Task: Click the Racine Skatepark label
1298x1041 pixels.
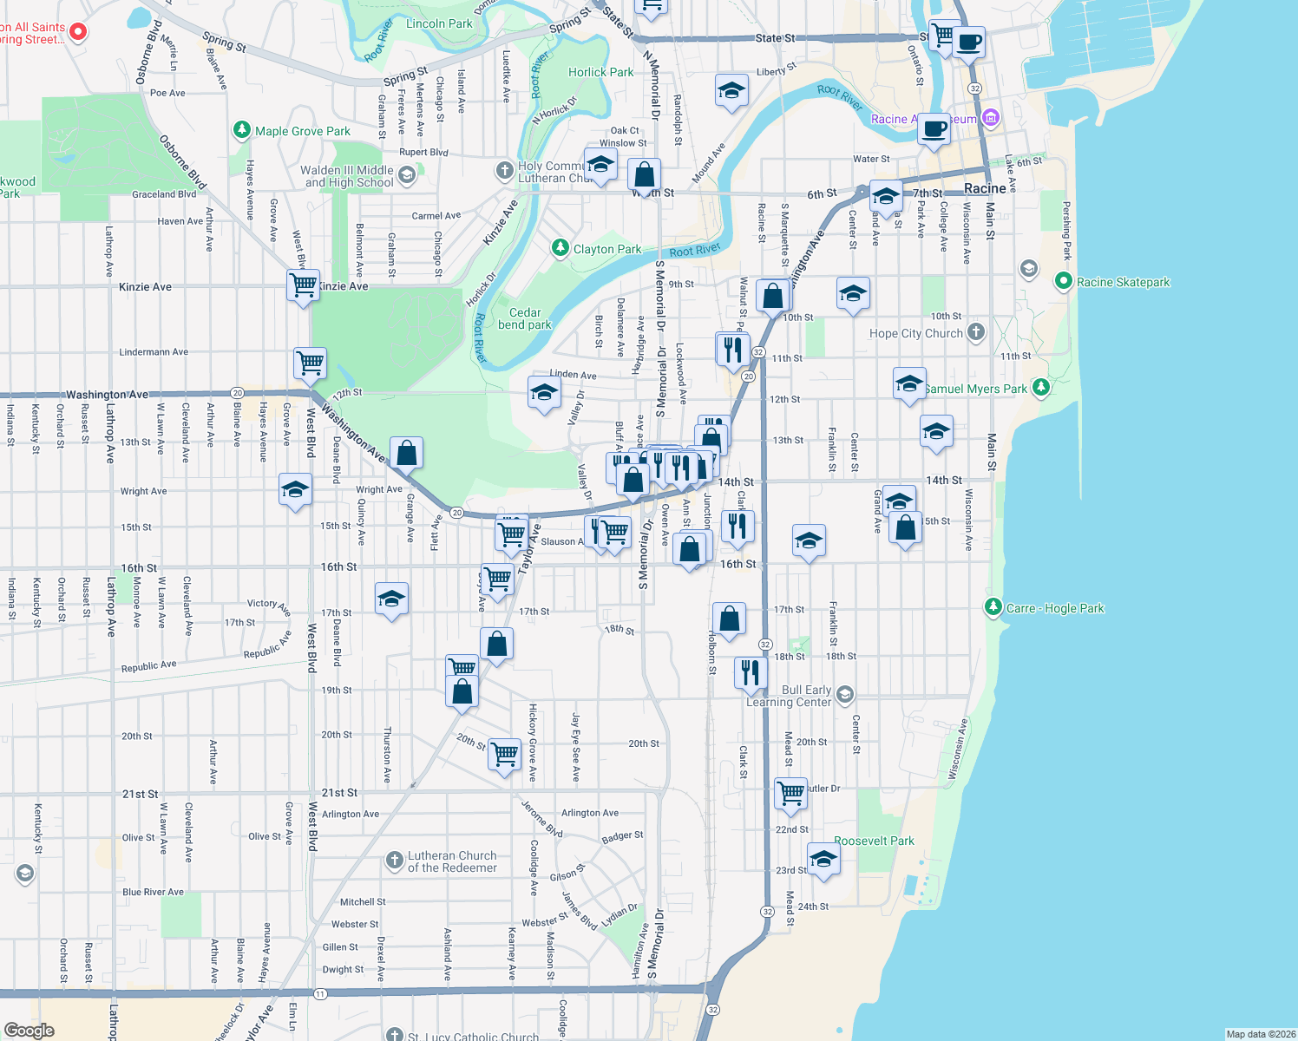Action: (1123, 282)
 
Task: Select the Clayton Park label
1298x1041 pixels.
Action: (607, 249)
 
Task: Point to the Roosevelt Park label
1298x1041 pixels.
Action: (874, 841)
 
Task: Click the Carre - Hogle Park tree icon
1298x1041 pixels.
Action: (993, 607)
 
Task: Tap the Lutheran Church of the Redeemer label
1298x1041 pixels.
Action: (452, 861)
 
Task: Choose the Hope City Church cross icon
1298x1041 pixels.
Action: (976, 332)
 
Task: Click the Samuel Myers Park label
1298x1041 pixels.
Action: (975, 389)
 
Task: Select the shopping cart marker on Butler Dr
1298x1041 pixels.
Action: (790, 794)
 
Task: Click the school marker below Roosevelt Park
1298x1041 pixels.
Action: (823, 861)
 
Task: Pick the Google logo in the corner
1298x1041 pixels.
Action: (29, 1031)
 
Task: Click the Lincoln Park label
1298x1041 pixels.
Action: (439, 23)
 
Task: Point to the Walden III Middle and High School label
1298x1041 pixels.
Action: (347, 176)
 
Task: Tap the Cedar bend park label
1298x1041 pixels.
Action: (525, 318)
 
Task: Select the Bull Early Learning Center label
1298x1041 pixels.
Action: (790, 696)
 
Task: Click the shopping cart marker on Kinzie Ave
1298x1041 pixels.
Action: (303, 285)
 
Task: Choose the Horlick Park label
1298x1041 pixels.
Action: (600, 72)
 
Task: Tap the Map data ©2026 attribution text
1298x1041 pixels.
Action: (1260, 1034)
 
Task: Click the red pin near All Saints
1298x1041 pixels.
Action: (78, 31)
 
